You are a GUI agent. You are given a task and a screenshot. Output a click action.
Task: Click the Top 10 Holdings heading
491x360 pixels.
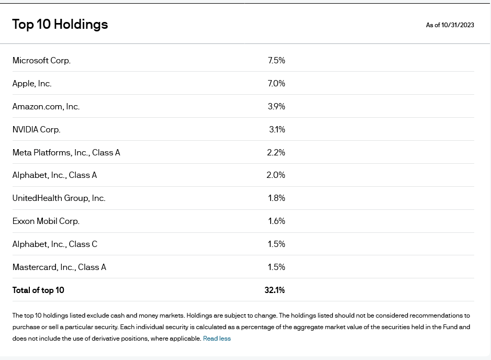[60, 25]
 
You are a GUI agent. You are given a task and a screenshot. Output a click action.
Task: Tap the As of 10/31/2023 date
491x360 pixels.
[450, 25]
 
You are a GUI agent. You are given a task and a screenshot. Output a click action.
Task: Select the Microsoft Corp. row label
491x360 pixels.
[41, 60]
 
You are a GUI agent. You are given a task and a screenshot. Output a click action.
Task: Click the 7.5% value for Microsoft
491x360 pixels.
[276, 60]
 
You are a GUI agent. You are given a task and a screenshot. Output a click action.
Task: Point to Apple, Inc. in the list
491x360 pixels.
[32, 84]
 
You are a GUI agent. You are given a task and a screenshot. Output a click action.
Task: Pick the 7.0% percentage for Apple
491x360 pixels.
[276, 84]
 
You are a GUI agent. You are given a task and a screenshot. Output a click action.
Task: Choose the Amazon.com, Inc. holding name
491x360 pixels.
[46, 106]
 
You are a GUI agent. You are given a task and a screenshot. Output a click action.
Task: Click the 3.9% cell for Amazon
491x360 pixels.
[276, 106]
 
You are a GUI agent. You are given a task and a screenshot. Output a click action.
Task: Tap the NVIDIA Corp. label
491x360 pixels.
[36, 130]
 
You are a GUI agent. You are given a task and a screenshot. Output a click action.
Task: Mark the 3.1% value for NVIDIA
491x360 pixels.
[277, 130]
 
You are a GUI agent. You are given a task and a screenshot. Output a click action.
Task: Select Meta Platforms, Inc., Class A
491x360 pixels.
[66, 152]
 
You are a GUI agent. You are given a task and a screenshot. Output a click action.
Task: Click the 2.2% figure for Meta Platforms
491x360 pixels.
[276, 152]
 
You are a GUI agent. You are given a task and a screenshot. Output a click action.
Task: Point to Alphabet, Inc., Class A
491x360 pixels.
[54, 175]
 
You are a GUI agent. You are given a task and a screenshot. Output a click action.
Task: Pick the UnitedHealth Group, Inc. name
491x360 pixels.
[59, 198]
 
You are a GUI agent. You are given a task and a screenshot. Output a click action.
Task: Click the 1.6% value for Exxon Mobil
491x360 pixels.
[276, 221]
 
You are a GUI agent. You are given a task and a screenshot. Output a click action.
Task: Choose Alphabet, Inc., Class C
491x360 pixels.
[55, 244]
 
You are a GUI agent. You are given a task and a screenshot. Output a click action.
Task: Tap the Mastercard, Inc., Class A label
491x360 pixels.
[59, 267]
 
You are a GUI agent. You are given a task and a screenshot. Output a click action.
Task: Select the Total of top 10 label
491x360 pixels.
[38, 290]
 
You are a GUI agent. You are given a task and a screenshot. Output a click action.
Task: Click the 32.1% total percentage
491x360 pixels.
[275, 290]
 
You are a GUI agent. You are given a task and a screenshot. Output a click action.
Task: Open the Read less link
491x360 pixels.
[217, 339]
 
